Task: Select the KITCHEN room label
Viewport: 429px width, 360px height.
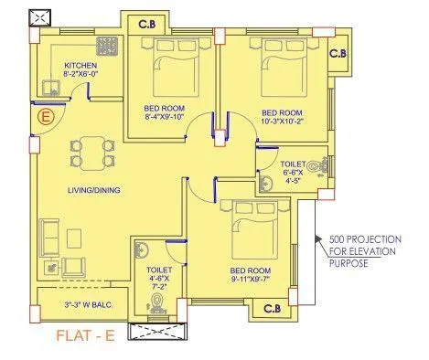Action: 80,65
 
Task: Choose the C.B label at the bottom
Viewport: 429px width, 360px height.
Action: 271,309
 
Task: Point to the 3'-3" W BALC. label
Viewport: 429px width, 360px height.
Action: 85,303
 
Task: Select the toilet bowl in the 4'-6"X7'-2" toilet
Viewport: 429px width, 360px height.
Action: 156,300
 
